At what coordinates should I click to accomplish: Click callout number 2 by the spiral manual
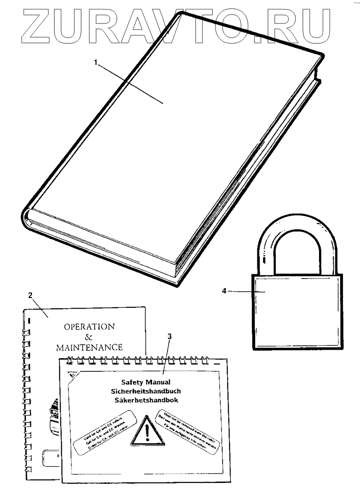31,296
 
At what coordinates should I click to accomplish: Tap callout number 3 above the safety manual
170,336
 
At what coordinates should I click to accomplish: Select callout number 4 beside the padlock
224,291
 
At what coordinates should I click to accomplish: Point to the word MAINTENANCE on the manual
89,348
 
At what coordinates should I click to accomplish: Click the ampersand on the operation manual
89,337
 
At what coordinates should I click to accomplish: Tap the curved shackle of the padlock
297,235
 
